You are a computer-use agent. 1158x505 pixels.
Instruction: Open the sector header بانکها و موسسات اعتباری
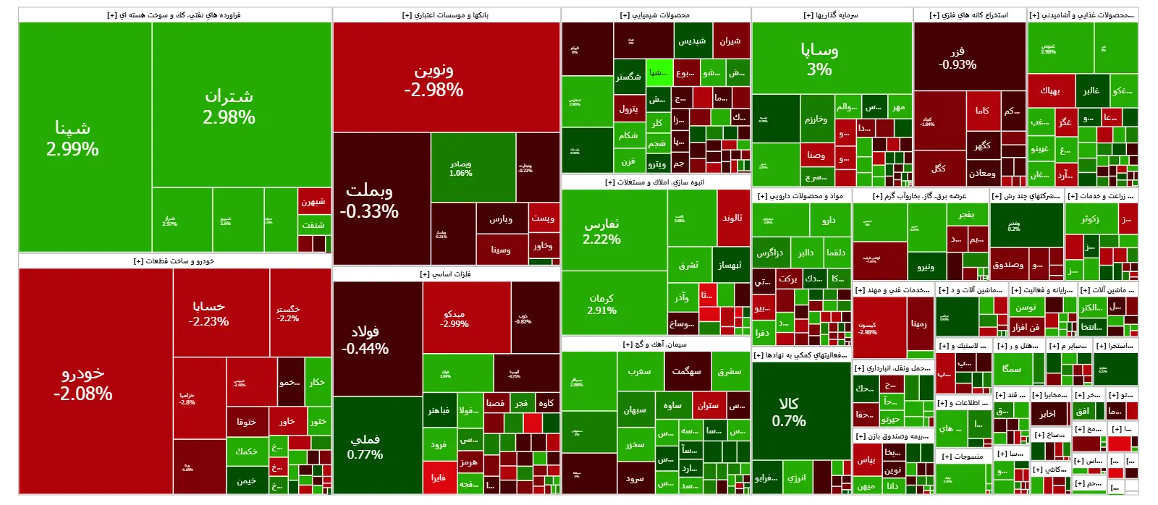pyautogui.click(x=446, y=15)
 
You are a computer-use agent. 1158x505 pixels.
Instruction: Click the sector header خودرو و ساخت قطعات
pyautogui.click(x=174, y=261)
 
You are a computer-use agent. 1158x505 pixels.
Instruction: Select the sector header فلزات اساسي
pyautogui.click(x=446, y=274)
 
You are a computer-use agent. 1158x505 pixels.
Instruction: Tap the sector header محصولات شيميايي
pyautogui.click(x=655, y=15)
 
